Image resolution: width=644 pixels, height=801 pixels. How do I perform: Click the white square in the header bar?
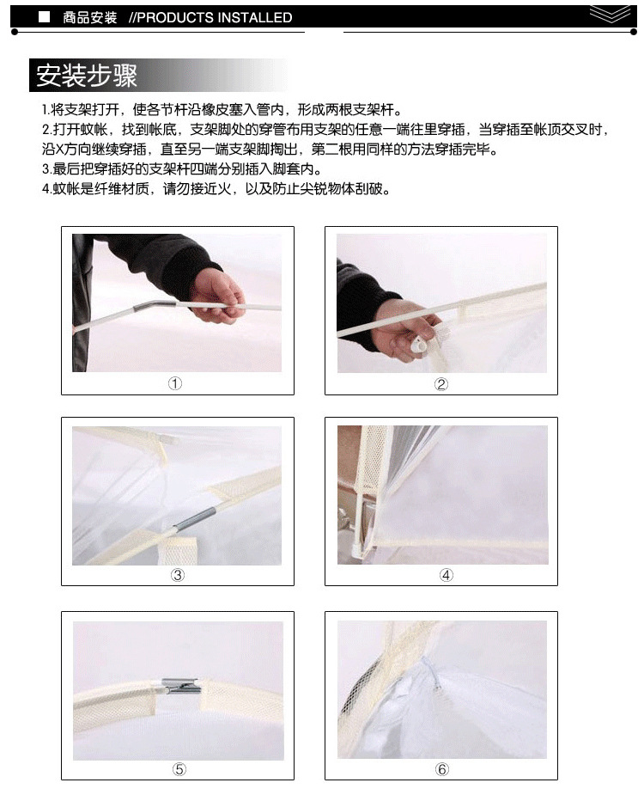[45, 17]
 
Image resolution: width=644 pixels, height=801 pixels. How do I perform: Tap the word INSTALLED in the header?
[252, 18]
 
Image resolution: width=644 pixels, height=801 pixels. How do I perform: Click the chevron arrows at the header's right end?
[610, 14]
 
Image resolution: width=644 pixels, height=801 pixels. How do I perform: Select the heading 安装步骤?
[87, 76]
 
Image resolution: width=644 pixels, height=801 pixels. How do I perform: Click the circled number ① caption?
[175, 383]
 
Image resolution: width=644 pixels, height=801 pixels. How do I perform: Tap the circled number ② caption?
[440, 383]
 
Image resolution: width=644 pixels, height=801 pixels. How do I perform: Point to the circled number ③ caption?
[177, 575]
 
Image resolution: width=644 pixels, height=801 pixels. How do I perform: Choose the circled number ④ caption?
[446, 575]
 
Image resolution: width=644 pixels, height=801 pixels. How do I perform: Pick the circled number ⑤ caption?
[179, 769]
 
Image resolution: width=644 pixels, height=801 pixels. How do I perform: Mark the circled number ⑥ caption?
[442, 769]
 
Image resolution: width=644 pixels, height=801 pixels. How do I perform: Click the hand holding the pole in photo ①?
[217, 297]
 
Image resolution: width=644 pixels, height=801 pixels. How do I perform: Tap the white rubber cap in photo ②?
[419, 345]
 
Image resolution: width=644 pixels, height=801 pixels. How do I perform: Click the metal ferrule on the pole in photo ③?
[195, 518]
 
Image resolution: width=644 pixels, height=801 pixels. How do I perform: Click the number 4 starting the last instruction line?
[45, 189]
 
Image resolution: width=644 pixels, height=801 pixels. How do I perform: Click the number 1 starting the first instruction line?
[44, 110]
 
